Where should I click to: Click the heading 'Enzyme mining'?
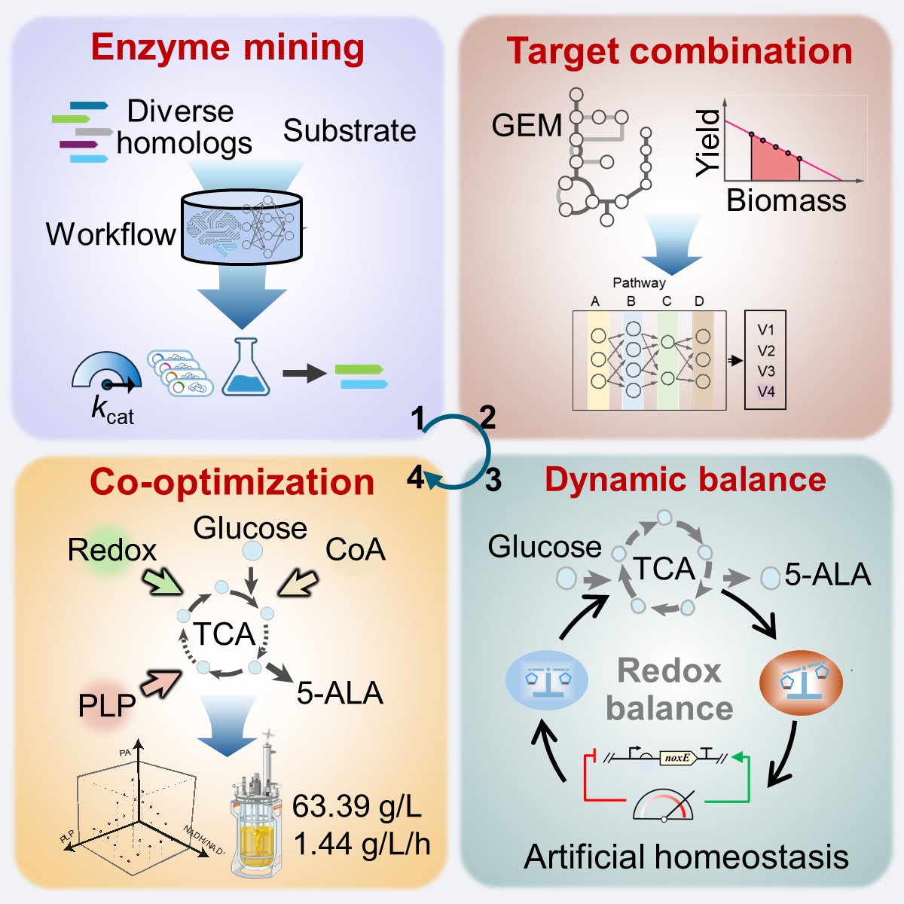pyautogui.click(x=228, y=47)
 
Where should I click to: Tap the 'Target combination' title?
pyautogui.click(x=679, y=51)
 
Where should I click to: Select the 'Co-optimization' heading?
pyautogui.click(x=231, y=482)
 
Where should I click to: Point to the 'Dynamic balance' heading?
pyautogui.click(x=685, y=480)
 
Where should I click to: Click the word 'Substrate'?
pyautogui.click(x=350, y=130)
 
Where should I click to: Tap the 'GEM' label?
pyautogui.click(x=527, y=125)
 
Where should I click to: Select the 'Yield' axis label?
pyautogui.click(x=708, y=142)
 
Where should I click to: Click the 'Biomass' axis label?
pyautogui.click(x=786, y=200)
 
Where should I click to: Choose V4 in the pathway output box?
pyautogui.click(x=765, y=392)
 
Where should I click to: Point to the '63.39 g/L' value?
pyautogui.click(x=356, y=806)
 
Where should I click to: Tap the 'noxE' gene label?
pyautogui.click(x=676, y=758)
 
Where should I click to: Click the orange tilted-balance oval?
pyautogui.click(x=800, y=682)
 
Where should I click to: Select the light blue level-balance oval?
pyautogui.click(x=546, y=680)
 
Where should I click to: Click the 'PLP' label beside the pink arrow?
pyautogui.click(x=107, y=705)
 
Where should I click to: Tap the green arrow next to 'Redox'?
pyautogui.click(x=162, y=581)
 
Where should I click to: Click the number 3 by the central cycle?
pyautogui.click(x=493, y=480)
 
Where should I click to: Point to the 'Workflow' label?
pyautogui.click(x=110, y=234)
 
